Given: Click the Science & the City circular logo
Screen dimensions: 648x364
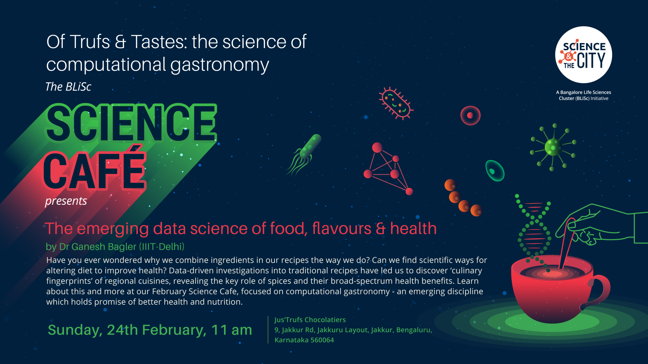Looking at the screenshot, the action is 584,55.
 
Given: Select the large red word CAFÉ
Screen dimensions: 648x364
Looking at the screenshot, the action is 95,169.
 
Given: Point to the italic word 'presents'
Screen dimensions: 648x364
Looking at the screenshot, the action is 66,201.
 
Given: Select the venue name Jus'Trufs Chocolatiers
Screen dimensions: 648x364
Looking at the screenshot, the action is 310,320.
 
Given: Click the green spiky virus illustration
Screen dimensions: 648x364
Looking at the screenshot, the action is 553,147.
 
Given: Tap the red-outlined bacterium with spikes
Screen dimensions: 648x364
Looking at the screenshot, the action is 396,103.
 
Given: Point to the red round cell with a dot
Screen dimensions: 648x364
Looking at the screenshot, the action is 470,115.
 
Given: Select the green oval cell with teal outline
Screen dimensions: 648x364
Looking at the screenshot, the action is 495,171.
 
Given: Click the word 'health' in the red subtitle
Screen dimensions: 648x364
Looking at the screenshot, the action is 413,228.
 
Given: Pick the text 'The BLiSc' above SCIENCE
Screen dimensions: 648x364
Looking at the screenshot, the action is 68,87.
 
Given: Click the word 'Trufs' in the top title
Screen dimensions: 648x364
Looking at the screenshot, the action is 90,42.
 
